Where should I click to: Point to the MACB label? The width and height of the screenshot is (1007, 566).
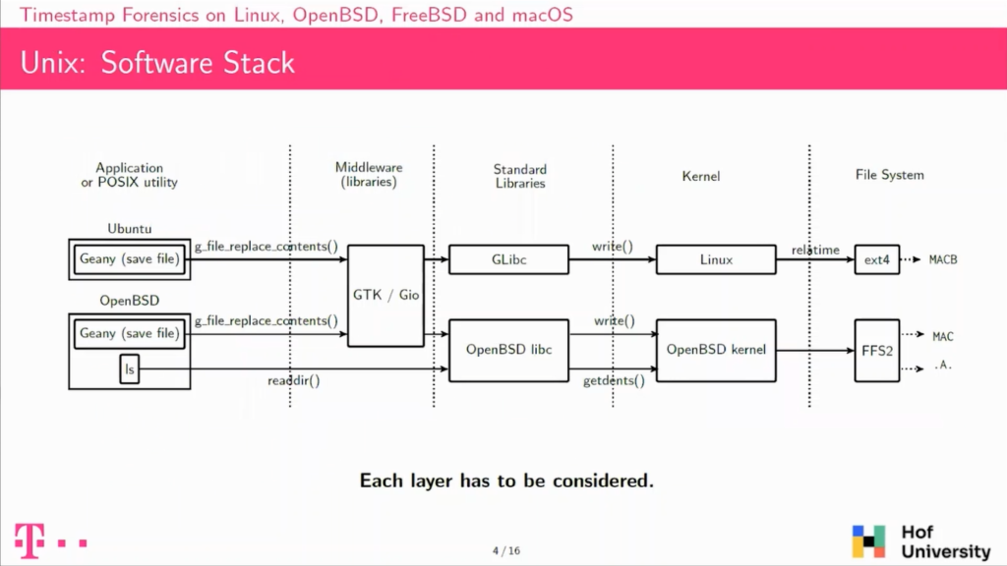[943, 259]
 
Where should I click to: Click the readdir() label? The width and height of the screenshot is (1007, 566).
[293, 380]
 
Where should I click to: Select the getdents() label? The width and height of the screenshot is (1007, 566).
[614, 380]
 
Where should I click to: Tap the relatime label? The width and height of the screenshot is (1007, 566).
[815, 250]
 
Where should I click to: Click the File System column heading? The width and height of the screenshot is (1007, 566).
[889, 175]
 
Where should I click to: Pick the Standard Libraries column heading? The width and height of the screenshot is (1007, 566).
[520, 176]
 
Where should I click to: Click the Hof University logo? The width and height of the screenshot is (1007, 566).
[921, 541]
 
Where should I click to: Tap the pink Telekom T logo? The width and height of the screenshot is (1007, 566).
[30, 541]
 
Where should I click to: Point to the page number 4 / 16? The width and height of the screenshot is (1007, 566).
[506, 550]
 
